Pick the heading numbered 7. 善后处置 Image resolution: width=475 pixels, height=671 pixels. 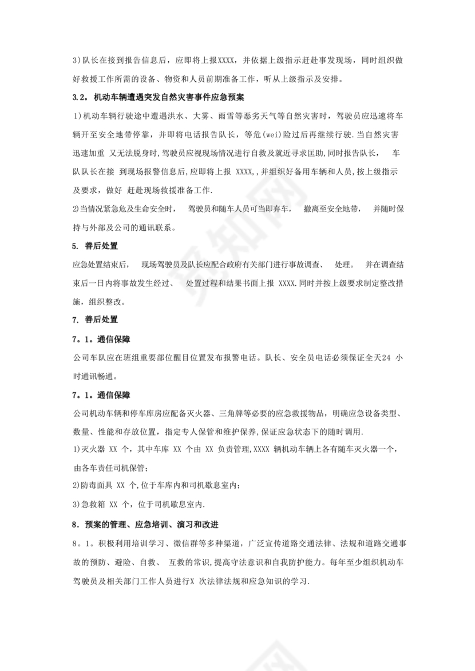tap(94, 319)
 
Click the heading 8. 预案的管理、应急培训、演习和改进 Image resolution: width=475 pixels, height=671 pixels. tap(149, 524)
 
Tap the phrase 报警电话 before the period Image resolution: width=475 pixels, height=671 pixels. tap(243, 358)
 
